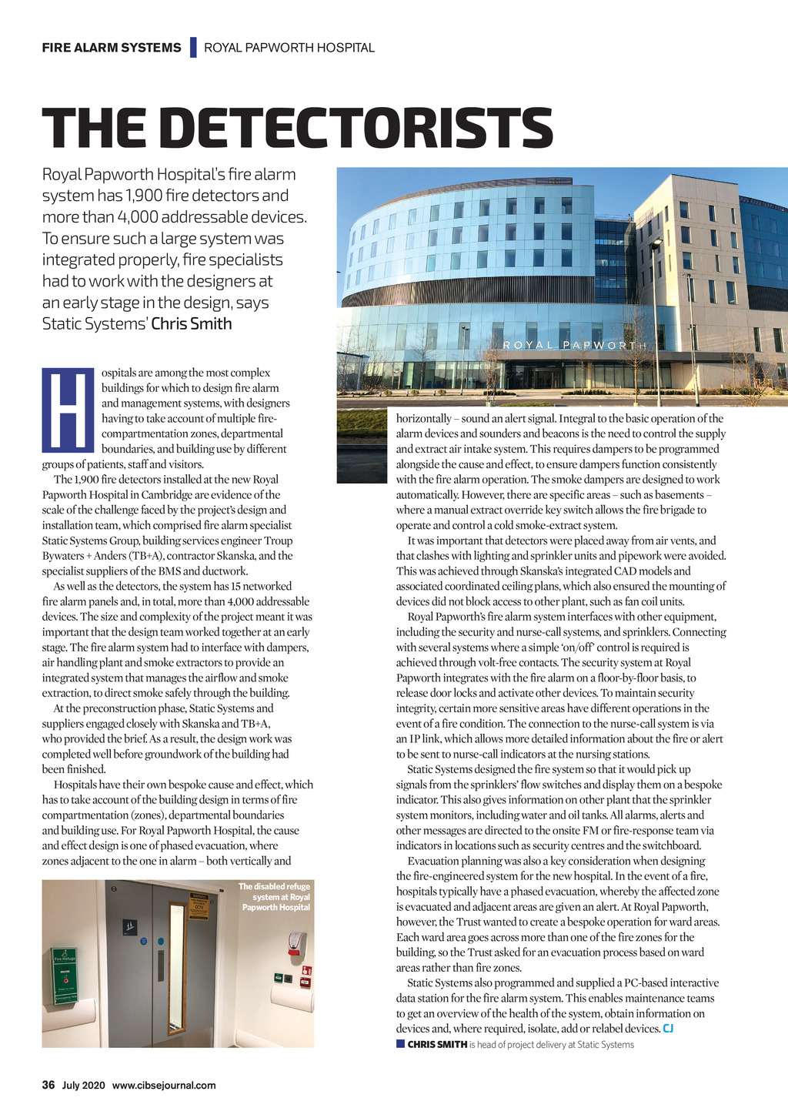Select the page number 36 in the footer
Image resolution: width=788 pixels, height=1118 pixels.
click(x=48, y=1086)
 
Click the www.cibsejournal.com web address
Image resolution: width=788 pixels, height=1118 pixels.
click(x=164, y=1086)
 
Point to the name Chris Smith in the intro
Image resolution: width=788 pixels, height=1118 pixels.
click(x=192, y=324)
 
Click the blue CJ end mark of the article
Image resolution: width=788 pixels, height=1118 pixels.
click(x=668, y=1029)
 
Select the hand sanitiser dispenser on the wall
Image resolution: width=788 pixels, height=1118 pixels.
click(x=296, y=942)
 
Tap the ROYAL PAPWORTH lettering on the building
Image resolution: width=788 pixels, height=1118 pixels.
click(x=573, y=345)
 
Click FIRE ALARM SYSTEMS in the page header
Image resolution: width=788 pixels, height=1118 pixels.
click(x=112, y=48)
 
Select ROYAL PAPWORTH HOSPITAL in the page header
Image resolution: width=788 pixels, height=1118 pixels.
click(x=289, y=48)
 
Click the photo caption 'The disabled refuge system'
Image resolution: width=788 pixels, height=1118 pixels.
click(x=275, y=897)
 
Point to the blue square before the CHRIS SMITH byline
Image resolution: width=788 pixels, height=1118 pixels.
click(x=400, y=1044)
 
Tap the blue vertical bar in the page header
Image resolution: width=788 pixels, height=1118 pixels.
click(x=192, y=48)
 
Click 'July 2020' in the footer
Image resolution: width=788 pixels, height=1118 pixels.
click(x=83, y=1086)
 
